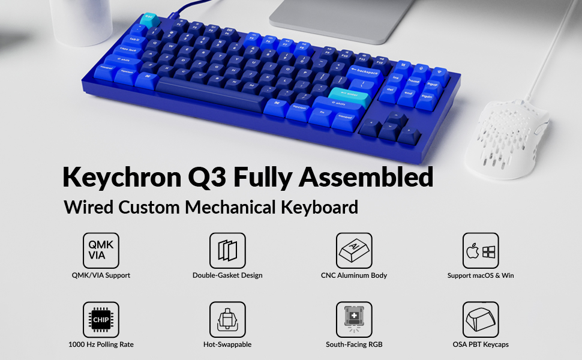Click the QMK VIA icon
(101, 250)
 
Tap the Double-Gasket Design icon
(227, 250)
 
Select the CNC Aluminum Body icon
(354, 250)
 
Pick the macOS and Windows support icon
(481, 250)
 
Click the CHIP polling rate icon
(101, 319)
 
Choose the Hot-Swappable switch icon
(227, 319)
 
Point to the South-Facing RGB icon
(354, 319)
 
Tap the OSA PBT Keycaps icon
(481, 319)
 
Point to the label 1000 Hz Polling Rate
(101, 344)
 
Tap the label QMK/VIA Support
(101, 275)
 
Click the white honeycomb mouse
(506, 133)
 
